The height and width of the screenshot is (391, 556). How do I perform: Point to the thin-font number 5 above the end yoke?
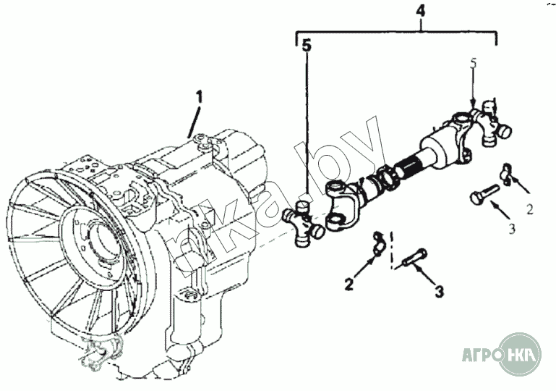pyautogui.click(x=474, y=64)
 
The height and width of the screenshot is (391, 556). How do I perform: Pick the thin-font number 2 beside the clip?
pyautogui.click(x=529, y=210)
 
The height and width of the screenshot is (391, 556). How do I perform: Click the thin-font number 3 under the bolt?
pyautogui.click(x=511, y=229)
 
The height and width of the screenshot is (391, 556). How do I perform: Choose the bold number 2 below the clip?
pyautogui.click(x=348, y=285)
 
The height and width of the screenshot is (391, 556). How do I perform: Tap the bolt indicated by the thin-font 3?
pyautogui.click(x=485, y=193)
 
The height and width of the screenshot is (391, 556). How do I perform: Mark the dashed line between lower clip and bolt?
pyautogui.click(x=391, y=250)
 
